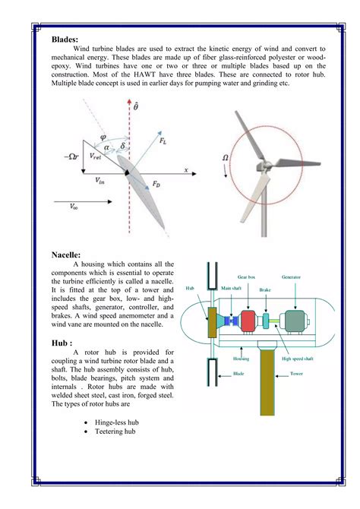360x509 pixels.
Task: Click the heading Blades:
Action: click(x=67, y=37)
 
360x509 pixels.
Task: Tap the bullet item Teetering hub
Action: click(x=116, y=432)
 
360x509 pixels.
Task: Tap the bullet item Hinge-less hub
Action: click(x=118, y=421)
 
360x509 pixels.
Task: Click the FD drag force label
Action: click(x=156, y=184)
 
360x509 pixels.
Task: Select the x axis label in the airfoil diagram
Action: click(x=185, y=170)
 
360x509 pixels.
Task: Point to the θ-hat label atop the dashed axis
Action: click(x=136, y=109)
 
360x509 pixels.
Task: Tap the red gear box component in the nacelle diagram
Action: click(x=248, y=321)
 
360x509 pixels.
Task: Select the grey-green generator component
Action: click(x=292, y=321)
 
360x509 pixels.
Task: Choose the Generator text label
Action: click(x=292, y=277)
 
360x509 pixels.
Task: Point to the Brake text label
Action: click(x=265, y=290)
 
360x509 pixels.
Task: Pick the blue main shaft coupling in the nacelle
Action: click(x=228, y=322)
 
